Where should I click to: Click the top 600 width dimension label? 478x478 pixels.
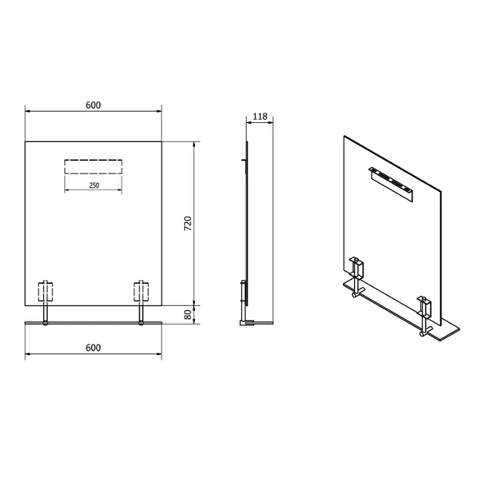click(x=93, y=105)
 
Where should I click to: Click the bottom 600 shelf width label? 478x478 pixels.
click(x=93, y=347)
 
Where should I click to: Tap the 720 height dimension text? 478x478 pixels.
click(x=188, y=223)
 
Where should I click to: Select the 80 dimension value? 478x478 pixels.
click(x=188, y=315)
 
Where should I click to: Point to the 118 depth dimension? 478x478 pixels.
click(x=260, y=116)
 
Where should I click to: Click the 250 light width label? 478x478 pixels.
click(x=94, y=185)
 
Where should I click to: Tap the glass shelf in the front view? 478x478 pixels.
click(x=93, y=322)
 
